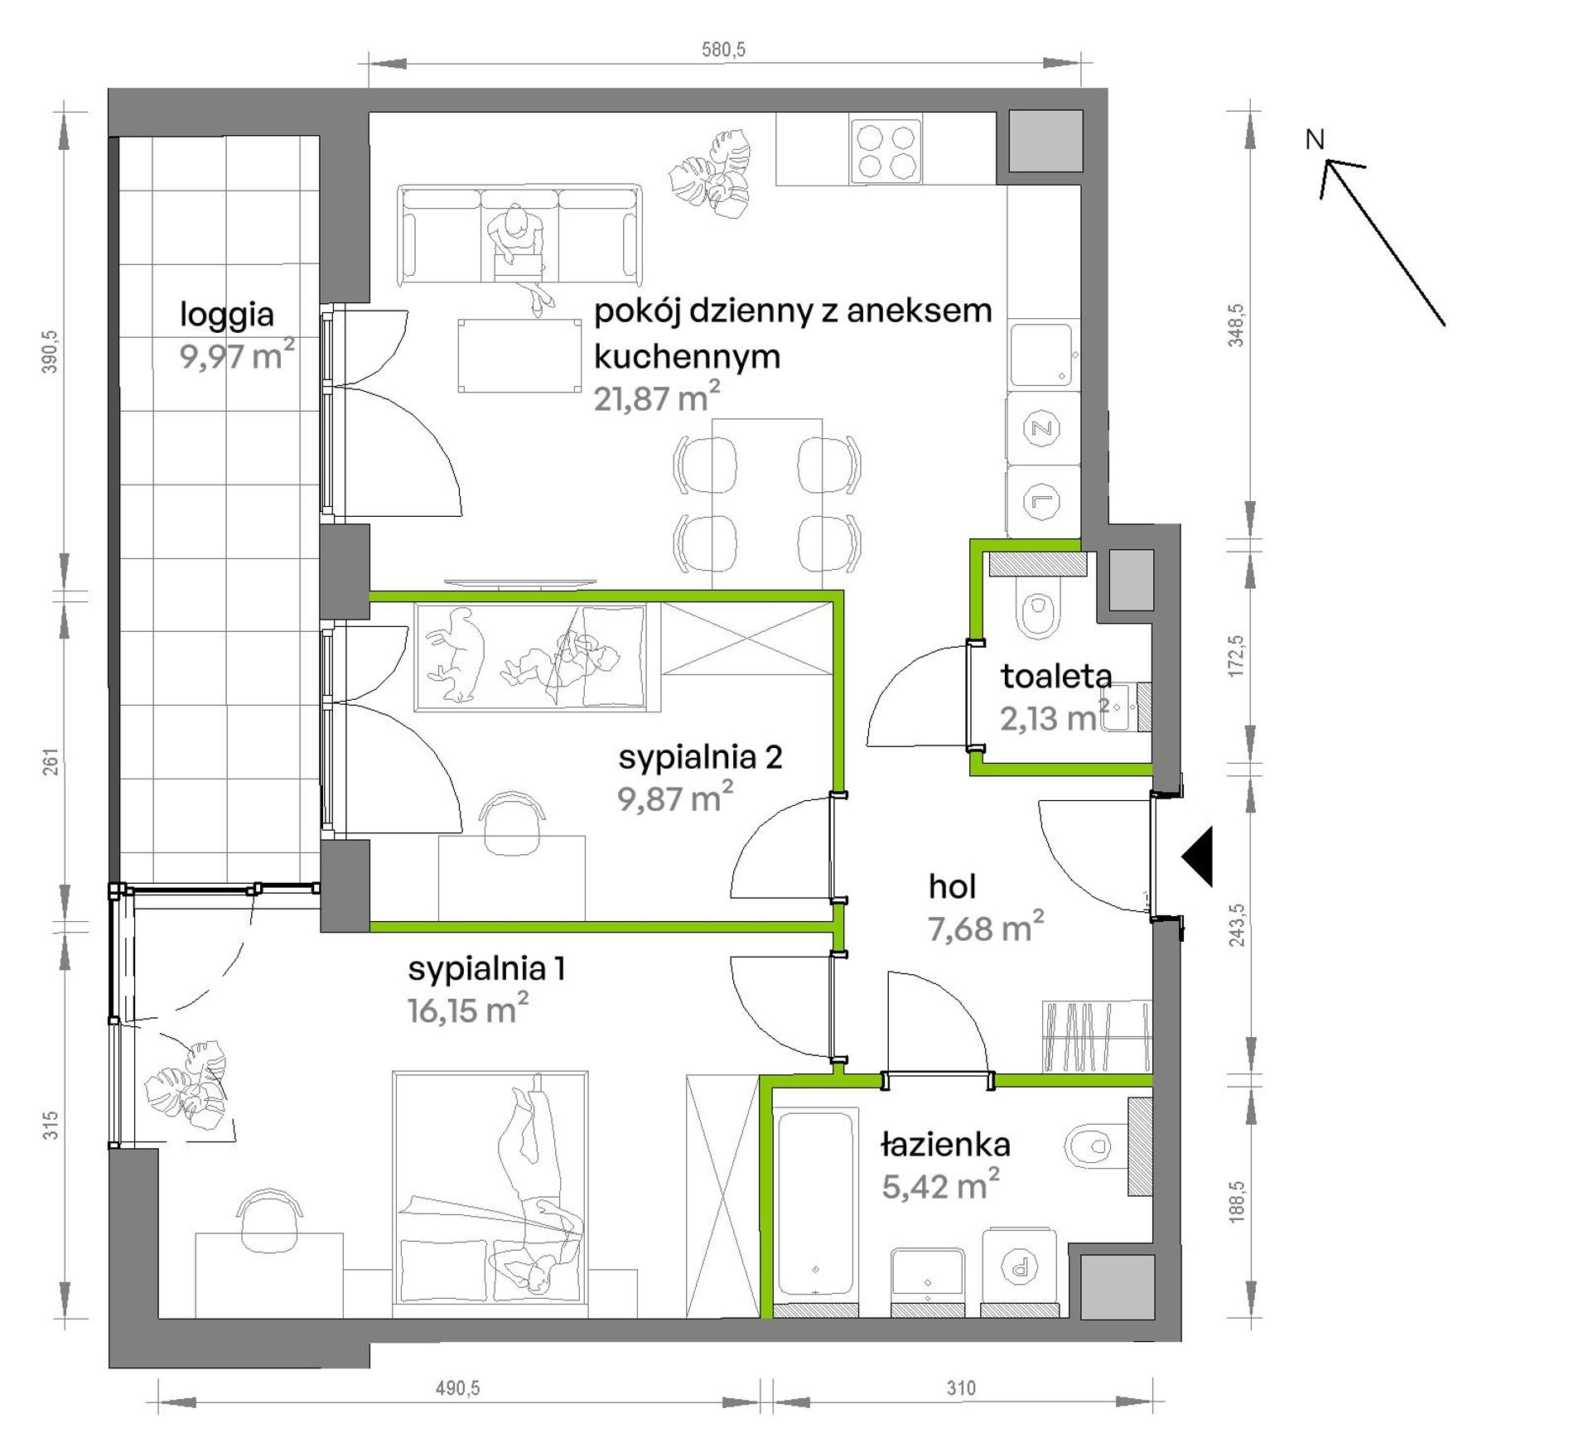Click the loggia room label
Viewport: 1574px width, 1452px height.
(x=226, y=316)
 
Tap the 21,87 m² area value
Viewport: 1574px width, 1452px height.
(x=656, y=398)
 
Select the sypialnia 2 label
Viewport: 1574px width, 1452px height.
(x=700, y=758)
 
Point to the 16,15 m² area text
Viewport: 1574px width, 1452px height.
(x=467, y=1010)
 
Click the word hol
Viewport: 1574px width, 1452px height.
(x=952, y=887)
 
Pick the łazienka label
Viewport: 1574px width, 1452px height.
(x=945, y=1145)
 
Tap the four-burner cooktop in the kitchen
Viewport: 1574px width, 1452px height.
(x=886, y=150)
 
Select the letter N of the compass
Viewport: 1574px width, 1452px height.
(x=1315, y=140)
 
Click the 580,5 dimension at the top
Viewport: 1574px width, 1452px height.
(x=723, y=50)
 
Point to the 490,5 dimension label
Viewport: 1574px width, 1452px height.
(x=457, y=1388)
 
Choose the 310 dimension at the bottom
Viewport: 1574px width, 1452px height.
(x=961, y=1388)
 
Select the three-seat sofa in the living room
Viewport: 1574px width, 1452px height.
(x=520, y=235)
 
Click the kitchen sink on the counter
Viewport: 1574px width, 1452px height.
(x=1042, y=355)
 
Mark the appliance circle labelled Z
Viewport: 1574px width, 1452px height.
(x=1042, y=428)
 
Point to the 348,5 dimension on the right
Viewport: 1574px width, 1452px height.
(x=1236, y=324)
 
